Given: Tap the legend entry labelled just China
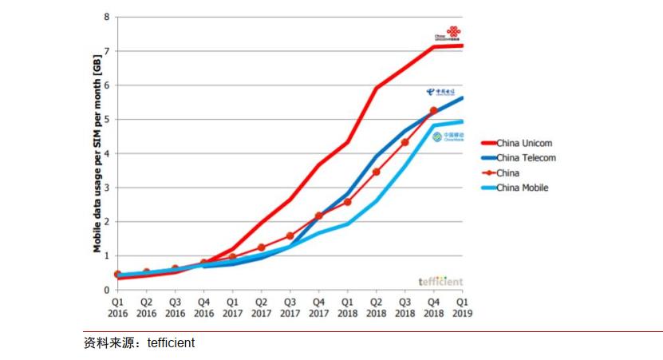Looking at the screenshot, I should coord(508,172).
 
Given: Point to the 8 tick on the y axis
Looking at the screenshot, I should coord(106,17).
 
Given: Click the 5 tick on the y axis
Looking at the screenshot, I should coord(106,119).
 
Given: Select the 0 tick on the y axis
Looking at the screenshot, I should coord(106,291).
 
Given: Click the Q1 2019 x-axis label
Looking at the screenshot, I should coord(462,308).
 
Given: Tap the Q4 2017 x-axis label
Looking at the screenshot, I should coord(318,308).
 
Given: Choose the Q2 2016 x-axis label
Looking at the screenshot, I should coord(146,308).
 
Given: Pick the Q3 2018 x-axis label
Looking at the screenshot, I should coord(405,308).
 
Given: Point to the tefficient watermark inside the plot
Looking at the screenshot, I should coord(440,281).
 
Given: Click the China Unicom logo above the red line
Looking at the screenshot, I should coord(448,34).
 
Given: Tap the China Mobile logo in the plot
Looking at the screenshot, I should coord(448,136).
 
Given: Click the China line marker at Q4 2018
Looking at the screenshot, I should coord(434,111).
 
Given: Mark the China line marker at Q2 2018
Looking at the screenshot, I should coord(376,172).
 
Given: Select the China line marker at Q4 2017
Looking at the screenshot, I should coord(318,216).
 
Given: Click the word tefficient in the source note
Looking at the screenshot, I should coord(170,343).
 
